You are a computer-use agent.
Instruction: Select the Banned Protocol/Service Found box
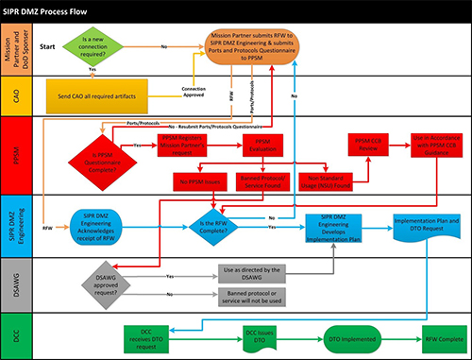point(257,180)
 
